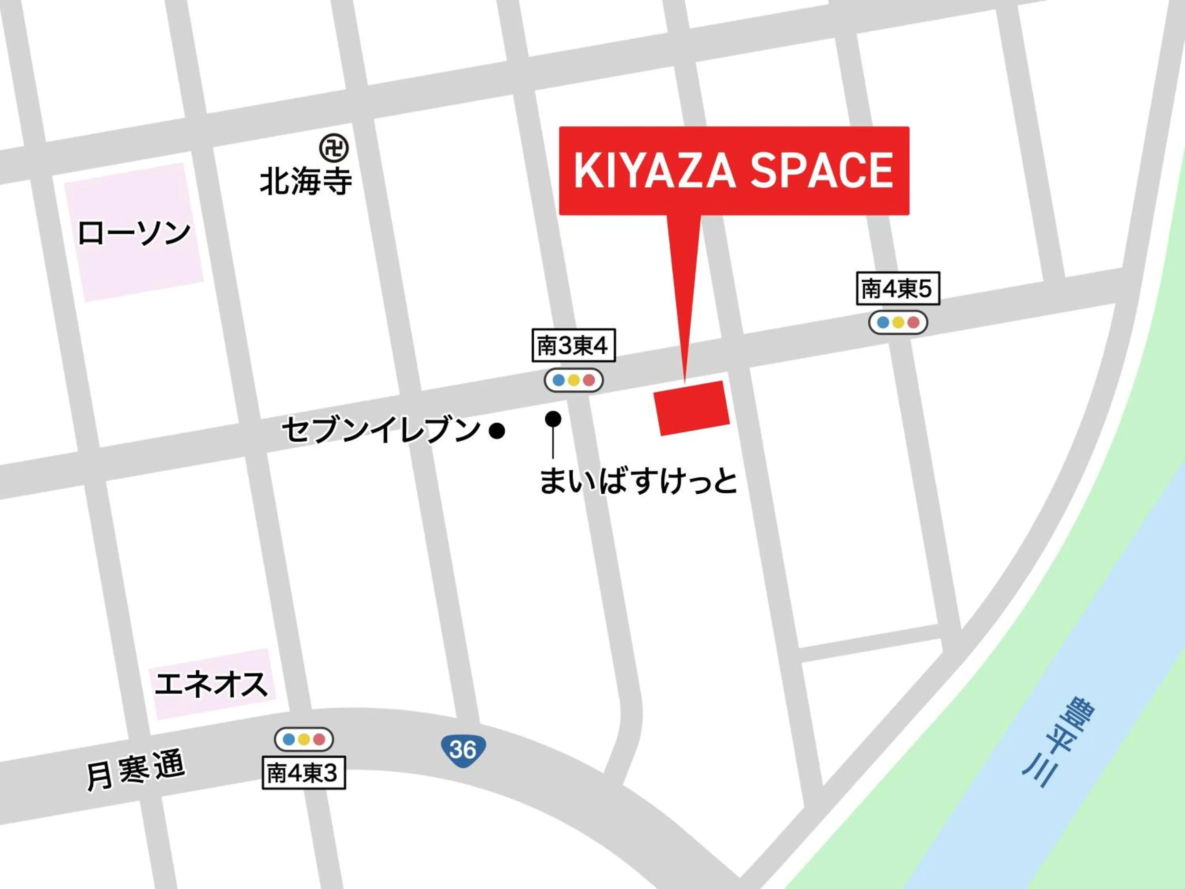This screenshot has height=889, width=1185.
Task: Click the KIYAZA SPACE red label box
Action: coord(734,170)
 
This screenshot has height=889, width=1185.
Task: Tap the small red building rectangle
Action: coord(692,408)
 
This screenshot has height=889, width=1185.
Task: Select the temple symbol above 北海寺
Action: coord(334,148)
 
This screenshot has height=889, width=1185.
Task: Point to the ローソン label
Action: coord(134,233)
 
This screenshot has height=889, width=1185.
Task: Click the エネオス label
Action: coord(211,685)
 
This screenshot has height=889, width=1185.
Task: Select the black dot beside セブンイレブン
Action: coord(497,430)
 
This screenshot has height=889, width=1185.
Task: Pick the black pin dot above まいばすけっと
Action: coord(553,418)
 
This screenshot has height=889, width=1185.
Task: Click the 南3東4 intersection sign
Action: coord(573,346)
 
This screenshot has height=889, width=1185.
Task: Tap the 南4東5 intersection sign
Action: coord(897,289)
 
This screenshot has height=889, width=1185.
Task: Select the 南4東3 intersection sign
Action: coord(303,773)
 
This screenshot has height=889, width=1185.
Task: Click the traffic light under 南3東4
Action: coord(573,380)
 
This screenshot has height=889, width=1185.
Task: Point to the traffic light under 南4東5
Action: coord(898,322)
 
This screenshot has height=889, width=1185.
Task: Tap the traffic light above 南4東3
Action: coord(304,740)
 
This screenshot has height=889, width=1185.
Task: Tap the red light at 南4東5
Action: coord(913,322)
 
